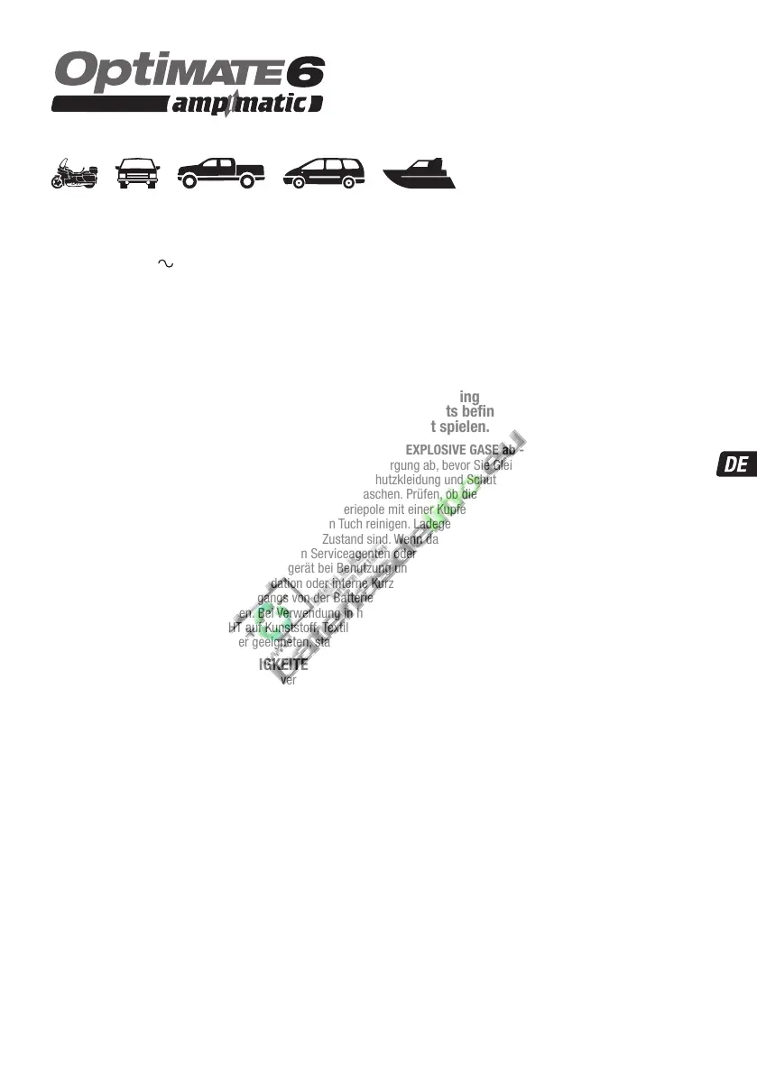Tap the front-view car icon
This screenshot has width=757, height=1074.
(x=138, y=172)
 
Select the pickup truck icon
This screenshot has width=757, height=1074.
(x=221, y=171)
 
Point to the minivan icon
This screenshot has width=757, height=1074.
(x=324, y=172)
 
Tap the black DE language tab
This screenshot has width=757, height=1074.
(x=735, y=465)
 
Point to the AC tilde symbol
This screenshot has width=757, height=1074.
(x=165, y=263)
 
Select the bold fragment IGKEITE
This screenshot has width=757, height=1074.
(x=282, y=666)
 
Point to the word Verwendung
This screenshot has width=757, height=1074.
(x=308, y=612)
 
